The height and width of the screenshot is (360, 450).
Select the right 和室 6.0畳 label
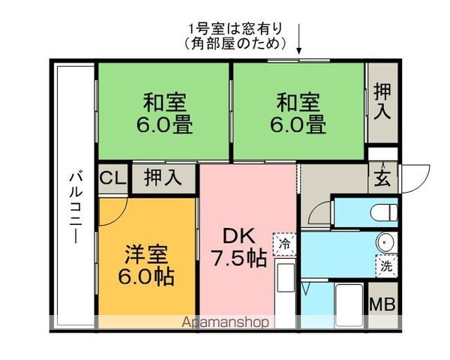[298, 112]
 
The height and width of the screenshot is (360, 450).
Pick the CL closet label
[112, 178]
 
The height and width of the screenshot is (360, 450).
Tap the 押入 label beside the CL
[163, 178]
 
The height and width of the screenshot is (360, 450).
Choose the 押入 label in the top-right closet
[382, 103]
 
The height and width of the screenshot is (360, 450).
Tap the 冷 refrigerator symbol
[285, 243]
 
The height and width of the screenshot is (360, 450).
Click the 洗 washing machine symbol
[385, 265]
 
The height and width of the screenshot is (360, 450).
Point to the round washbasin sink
[385, 243]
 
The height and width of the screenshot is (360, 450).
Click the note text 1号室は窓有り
[235, 29]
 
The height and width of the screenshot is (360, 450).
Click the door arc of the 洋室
[114, 208]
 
